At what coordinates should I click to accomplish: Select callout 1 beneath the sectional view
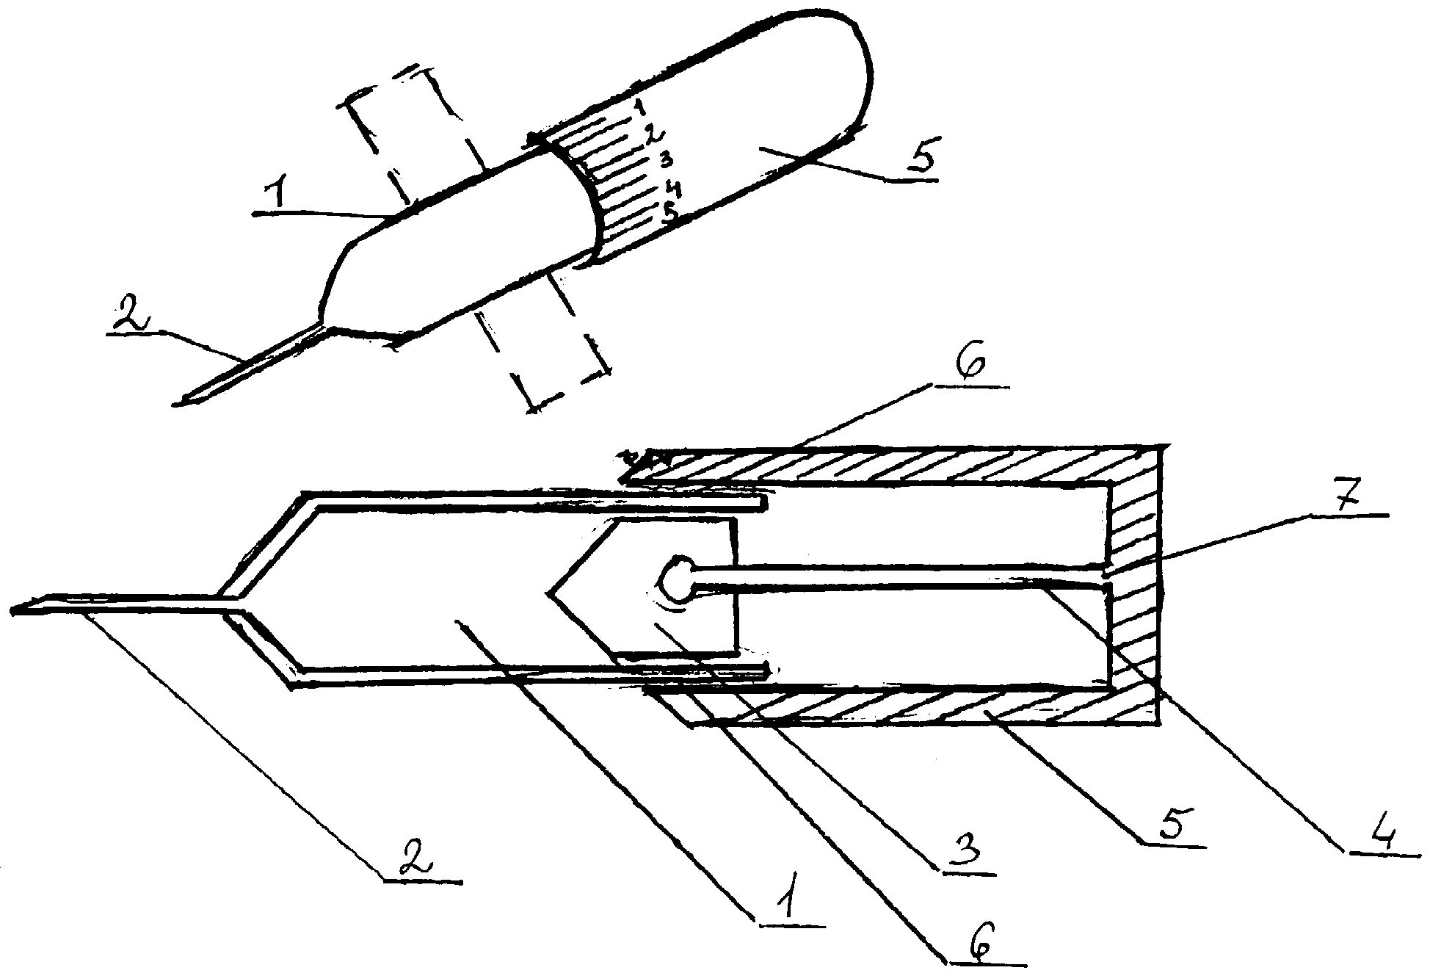pos(786,896)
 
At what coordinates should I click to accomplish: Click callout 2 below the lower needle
pos(416,856)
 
